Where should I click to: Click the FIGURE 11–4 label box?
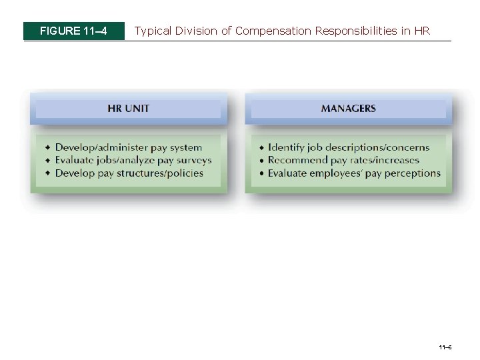click(x=73, y=31)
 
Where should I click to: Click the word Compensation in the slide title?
click(x=273, y=31)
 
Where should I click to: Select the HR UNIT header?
click(x=128, y=108)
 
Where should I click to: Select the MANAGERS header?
click(x=348, y=108)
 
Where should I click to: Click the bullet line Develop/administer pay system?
click(x=128, y=147)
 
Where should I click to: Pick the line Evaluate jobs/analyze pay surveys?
click(x=133, y=160)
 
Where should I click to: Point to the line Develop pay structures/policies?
click(x=129, y=173)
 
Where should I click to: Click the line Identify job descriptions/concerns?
click(x=348, y=147)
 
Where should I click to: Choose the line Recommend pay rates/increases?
click(x=343, y=160)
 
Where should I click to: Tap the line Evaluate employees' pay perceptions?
click(x=354, y=173)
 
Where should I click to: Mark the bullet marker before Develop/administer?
click(x=47, y=147)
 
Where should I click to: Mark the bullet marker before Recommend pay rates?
click(x=261, y=161)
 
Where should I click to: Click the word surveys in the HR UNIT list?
click(x=193, y=160)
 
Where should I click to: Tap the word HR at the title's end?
click(x=422, y=31)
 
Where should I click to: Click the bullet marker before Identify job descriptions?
click(x=261, y=147)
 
